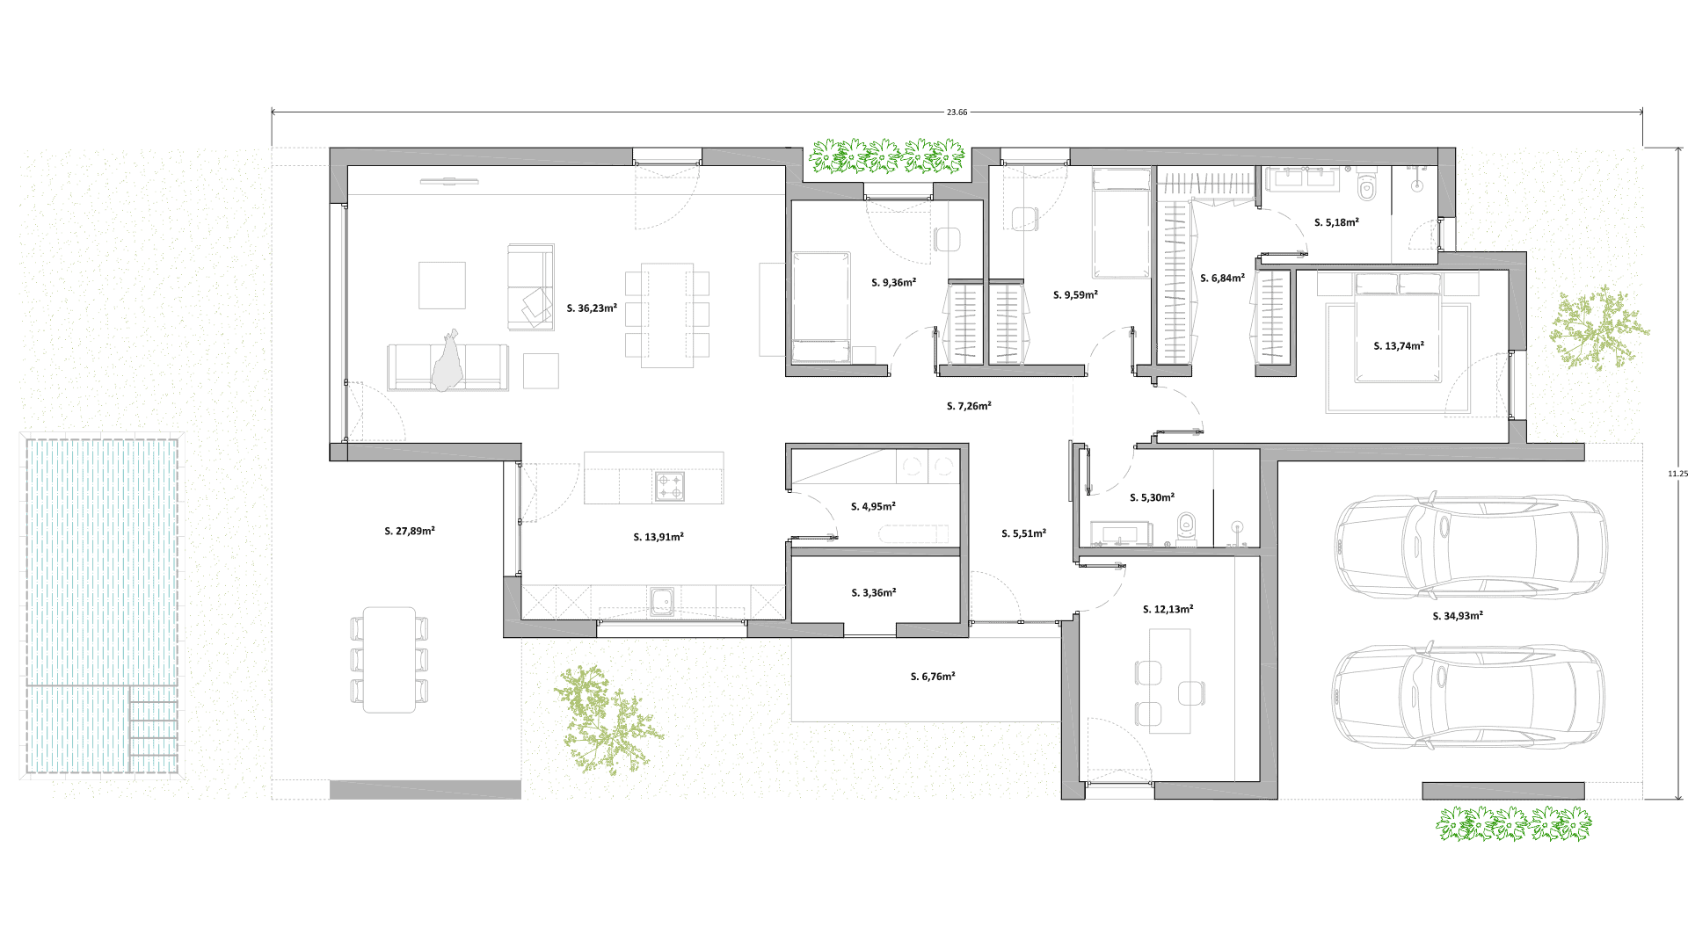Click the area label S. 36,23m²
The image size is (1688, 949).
[x=592, y=308]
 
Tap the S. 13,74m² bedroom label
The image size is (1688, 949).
[x=1399, y=346]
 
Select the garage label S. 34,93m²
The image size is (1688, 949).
[x=1457, y=616]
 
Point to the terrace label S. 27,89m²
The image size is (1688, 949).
[x=410, y=532]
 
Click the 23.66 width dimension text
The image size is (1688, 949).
[x=957, y=112]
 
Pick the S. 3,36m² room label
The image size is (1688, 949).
[x=873, y=593]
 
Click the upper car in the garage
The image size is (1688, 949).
[x=1470, y=547]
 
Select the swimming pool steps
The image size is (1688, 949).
[x=154, y=729]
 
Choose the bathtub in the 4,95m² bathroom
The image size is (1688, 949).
[x=913, y=533]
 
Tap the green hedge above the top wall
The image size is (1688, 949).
[x=887, y=156]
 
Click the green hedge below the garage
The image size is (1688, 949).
[x=1514, y=825]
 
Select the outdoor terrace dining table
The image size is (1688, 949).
[x=389, y=659]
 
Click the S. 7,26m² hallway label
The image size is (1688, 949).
[x=969, y=406]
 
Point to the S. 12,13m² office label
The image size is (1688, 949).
[x=1168, y=609]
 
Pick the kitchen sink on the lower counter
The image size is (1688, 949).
[x=662, y=601]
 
